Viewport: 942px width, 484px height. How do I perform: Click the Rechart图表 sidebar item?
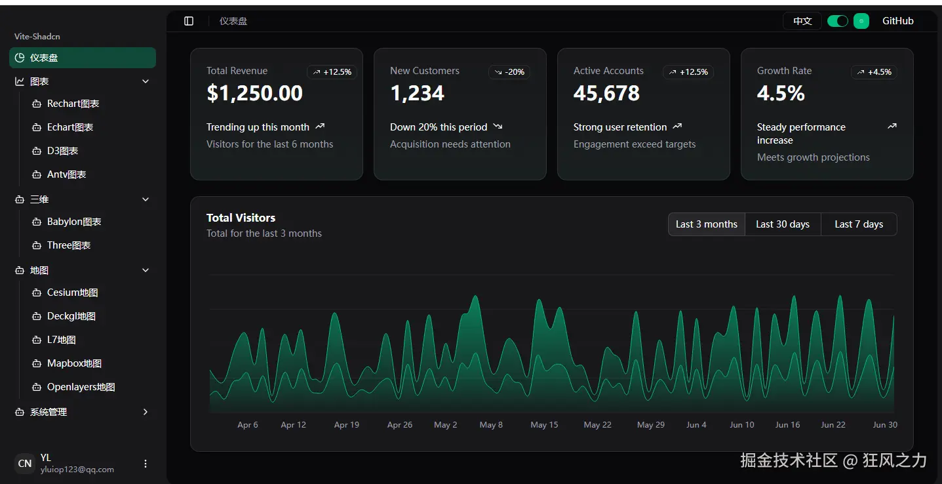73,104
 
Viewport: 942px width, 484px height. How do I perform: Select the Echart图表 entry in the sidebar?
69,127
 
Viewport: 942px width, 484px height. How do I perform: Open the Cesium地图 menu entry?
72,292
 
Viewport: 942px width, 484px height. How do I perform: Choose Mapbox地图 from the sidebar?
74,363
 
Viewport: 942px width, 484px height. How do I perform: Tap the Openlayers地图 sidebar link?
81,387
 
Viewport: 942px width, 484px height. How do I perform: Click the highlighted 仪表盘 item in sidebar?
83,58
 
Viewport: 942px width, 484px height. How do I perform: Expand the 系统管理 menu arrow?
146,412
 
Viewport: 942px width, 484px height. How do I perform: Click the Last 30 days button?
782,224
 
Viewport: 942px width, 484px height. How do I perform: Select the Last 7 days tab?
858,224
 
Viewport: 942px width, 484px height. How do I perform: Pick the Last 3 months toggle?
706,224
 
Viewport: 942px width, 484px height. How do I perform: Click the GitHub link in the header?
897,21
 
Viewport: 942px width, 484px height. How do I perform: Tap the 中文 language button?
802,21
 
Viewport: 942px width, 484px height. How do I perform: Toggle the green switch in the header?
837,21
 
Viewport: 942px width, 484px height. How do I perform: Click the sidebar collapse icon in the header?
189,21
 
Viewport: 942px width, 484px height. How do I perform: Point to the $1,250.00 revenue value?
254,94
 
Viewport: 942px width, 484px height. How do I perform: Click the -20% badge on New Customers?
509,72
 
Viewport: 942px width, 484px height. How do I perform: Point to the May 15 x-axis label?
544,425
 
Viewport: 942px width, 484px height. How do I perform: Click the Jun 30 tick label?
884,425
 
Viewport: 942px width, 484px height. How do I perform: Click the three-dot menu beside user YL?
146,464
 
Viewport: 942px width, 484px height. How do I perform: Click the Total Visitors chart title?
241,218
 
